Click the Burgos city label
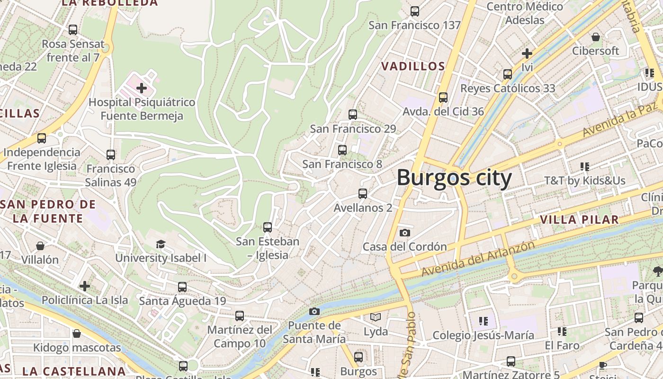click(454, 179)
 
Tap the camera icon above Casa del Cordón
click(405, 233)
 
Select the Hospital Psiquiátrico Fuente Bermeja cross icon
click(141, 88)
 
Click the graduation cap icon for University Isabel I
click(161, 244)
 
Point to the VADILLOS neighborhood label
click(413, 66)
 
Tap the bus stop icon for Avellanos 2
click(363, 193)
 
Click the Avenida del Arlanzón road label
click(478, 259)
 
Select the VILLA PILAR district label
click(579, 220)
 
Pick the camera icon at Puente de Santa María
click(314, 311)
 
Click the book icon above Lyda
click(376, 317)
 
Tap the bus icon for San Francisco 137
click(415, 11)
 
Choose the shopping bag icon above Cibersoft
click(596, 36)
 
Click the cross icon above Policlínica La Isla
click(85, 286)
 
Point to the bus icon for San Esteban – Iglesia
click(268, 227)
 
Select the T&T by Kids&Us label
click(585, 180)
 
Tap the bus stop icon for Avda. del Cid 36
click(443, 97)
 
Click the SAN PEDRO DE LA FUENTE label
click(48, 212)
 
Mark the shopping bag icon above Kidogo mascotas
click(77, 334)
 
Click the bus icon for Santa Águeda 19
click(182, 287)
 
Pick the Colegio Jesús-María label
click(484, 335)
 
